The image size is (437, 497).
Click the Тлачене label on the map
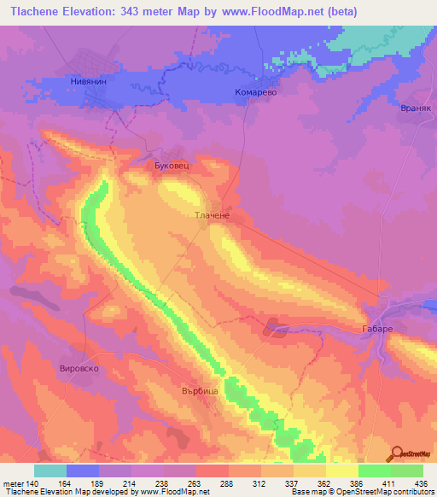pos(211,217)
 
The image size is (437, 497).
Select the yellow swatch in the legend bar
pos(341,471)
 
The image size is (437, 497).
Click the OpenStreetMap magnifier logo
pos(397,453)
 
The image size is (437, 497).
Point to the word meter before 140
pos(14,483)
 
